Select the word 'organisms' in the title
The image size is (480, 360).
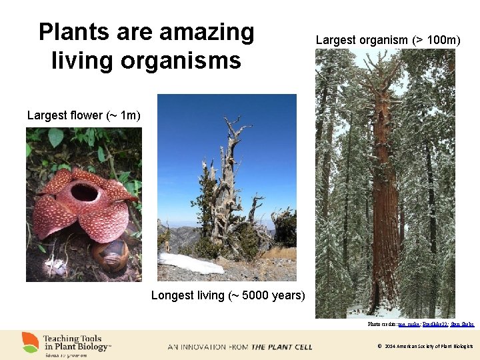(x=182, y=61)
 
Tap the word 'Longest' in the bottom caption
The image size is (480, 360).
(x=174, y=295)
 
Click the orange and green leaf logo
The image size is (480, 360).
(x=30, y=343)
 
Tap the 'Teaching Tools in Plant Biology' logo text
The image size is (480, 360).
(x=75, y=343)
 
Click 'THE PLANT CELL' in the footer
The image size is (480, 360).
(x=281, y=347)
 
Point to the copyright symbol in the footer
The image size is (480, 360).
(x=379, y=347)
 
